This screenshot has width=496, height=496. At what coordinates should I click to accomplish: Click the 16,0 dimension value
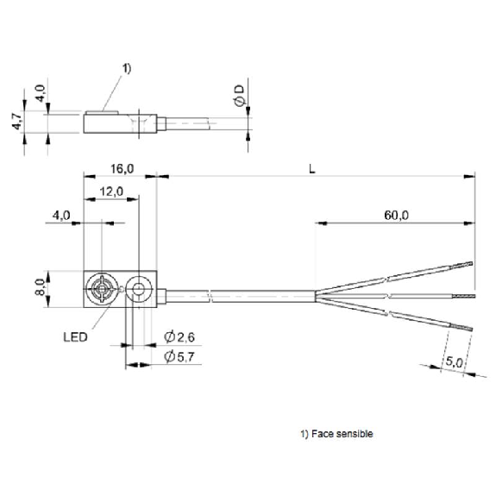[122, 169]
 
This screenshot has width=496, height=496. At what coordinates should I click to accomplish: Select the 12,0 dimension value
[111, 191]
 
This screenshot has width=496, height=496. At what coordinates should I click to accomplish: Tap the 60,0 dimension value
[396, 216]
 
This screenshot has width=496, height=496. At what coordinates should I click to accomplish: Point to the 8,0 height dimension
[41, 287]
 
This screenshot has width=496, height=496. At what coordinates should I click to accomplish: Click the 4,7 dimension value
[17, 121]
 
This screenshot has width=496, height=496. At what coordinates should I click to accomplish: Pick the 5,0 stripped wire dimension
[455, 362]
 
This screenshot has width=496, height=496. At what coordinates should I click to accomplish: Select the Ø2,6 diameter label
[179, 337]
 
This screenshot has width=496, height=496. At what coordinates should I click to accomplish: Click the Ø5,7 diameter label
[179, 357]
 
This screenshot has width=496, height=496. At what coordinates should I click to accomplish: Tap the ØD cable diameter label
[240, 96]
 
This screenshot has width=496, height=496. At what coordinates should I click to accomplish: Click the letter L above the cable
[312, 169]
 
